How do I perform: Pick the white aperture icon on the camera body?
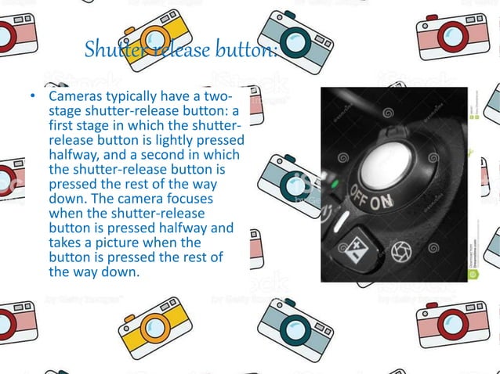point(400,250)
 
